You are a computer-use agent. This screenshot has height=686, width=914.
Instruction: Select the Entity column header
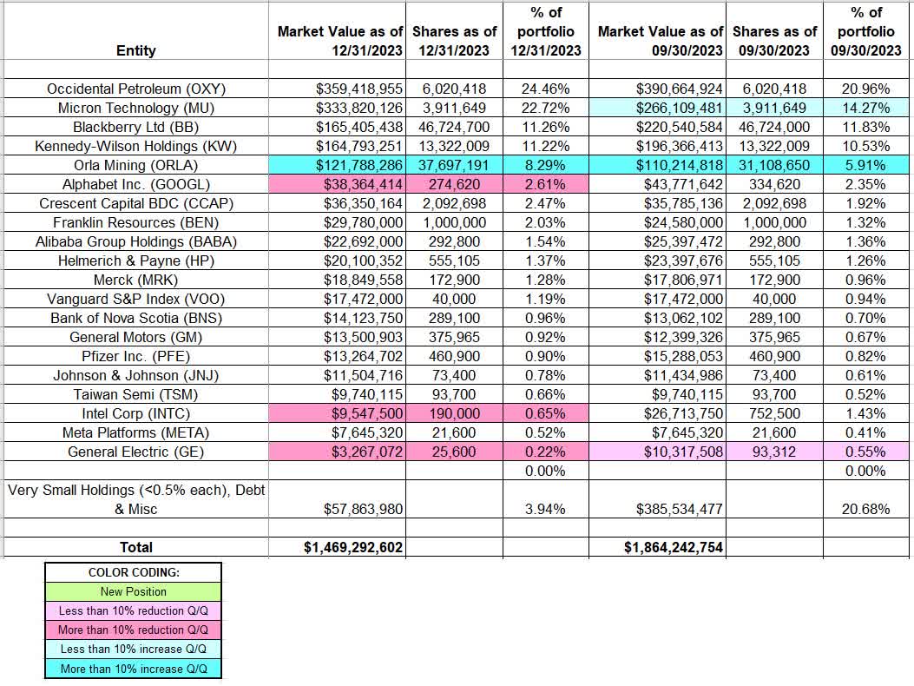(x=135, y=50)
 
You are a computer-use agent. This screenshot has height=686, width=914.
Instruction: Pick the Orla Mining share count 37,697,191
(x=451, y=165)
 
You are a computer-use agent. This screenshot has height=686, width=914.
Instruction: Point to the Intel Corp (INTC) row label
(x=135, y=413)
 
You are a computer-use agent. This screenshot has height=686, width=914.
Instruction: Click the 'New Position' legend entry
(x=134, y=591)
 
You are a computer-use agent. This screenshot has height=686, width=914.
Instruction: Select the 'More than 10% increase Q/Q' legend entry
(x=134, y=669)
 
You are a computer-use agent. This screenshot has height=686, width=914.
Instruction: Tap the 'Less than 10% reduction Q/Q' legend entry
(x=134, y=610)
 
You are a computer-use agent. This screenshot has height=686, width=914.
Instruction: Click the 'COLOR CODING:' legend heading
(x=134, y=573)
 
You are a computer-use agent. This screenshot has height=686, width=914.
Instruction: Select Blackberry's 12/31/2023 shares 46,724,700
(x=451, y=127)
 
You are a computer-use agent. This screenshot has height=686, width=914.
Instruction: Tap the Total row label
(x=135, y=547)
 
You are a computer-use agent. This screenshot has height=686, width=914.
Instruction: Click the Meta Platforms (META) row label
(x=135, y=432)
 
